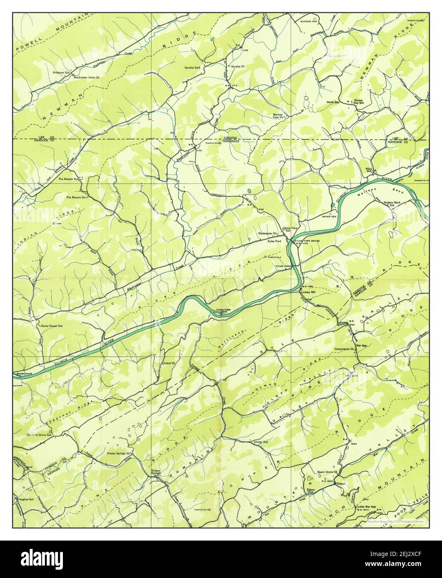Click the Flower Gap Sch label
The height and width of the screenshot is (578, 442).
359,102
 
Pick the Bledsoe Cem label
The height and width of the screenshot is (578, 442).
308,20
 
